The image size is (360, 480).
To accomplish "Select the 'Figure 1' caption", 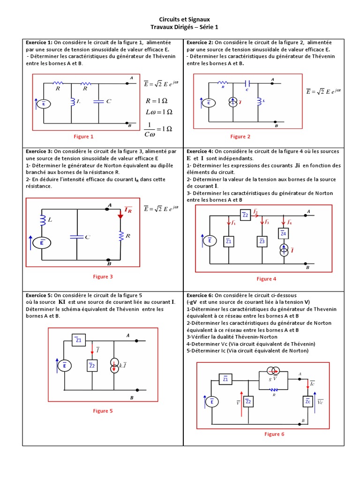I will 83,136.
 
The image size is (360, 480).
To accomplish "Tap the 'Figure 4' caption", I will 266,279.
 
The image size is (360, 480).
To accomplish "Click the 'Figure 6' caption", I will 274,434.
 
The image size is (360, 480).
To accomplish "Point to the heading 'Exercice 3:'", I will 39,151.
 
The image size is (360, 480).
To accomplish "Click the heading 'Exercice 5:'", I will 39,295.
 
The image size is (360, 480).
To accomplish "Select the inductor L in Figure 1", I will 73,102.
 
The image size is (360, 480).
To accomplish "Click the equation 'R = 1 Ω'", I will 156,100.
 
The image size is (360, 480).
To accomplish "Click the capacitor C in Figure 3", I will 76,237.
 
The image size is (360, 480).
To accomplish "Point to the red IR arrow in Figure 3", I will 120,213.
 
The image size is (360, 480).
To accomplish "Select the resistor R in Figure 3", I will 120,237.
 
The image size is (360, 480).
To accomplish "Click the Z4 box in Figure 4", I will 283,233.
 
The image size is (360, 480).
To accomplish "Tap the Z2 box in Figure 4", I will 245,215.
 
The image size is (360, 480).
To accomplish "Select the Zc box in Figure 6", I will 307,402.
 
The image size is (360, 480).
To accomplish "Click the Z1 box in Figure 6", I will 225,379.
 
